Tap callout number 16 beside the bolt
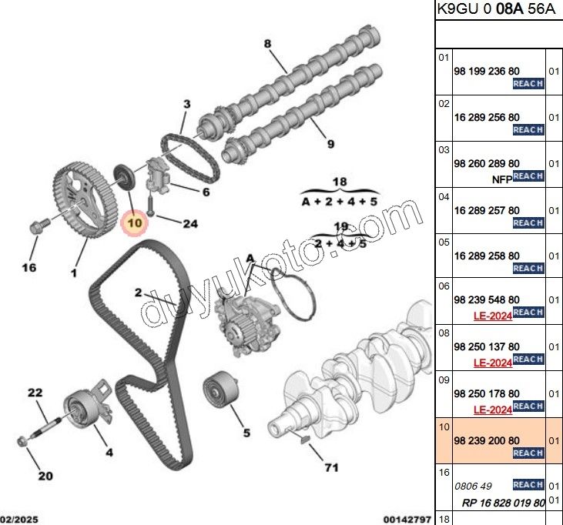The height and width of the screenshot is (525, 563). [28, 268]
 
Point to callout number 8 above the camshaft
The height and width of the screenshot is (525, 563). [268, 44]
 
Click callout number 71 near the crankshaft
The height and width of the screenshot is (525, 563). [332, 467]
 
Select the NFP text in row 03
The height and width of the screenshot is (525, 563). [501, 179]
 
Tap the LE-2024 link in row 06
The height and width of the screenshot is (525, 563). [492, 315]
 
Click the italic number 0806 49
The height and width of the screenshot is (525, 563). [472, 486]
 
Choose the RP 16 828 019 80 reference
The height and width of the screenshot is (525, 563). [504, 503]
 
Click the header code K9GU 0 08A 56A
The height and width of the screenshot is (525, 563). [496, 10]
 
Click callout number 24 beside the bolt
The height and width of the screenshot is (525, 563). [189, 224]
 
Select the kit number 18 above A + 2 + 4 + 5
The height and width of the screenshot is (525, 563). [340, 182]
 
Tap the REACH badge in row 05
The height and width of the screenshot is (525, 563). [528, 268]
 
